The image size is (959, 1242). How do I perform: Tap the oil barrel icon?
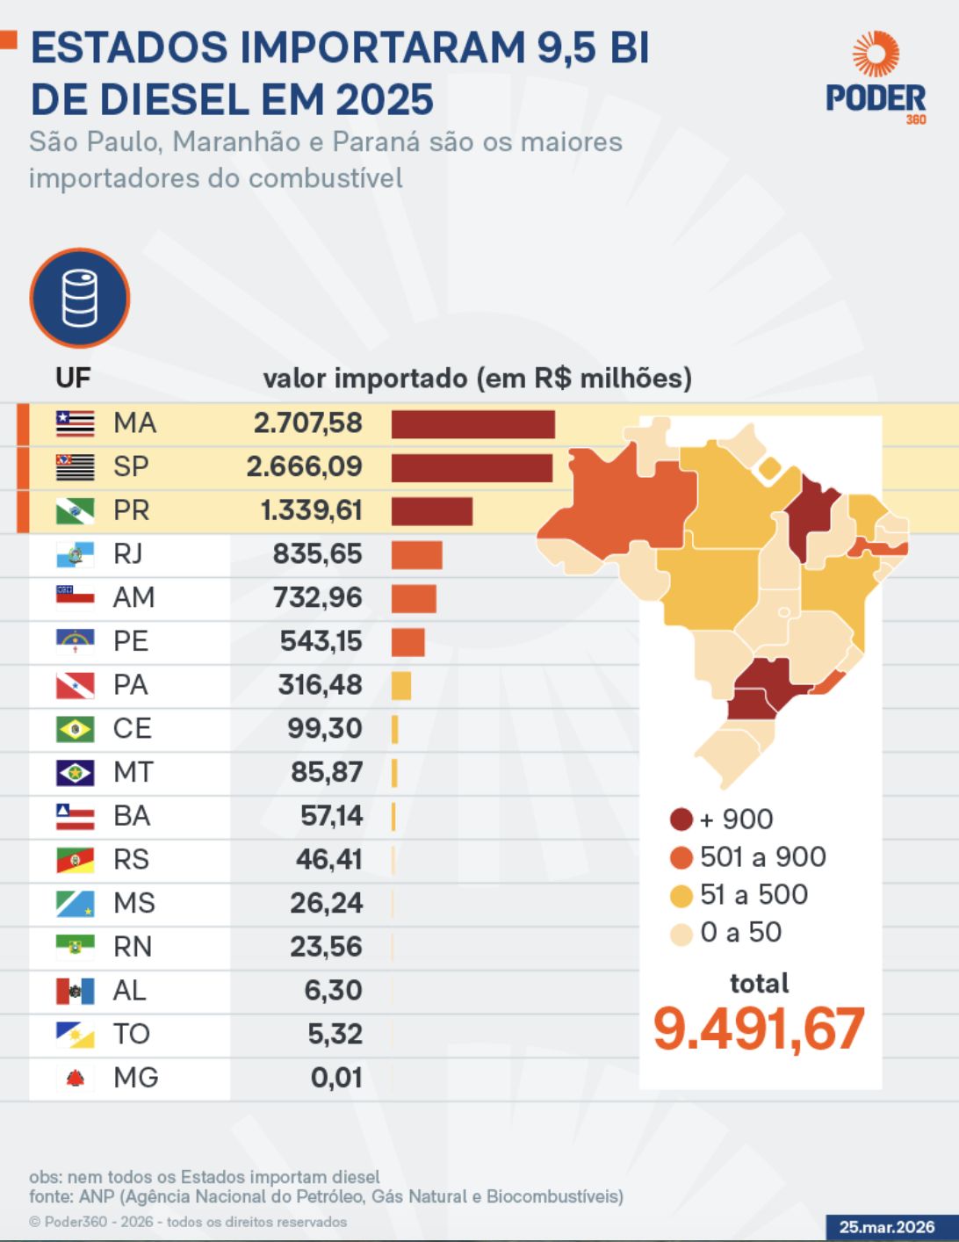coord(79,299)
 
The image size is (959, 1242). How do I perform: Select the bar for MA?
coord(472,424)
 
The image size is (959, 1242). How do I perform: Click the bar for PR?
coord(431,511)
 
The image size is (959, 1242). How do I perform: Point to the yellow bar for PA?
coord(400,685)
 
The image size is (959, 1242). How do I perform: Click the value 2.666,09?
coord(304,466)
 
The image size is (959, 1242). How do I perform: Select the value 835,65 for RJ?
coord(317,554)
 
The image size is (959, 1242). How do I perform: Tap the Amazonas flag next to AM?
coord(75,597)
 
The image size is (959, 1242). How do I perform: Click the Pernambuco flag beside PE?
coord(75,641)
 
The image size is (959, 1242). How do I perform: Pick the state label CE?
coord(132,728)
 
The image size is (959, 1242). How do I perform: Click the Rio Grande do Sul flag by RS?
coord(75,859)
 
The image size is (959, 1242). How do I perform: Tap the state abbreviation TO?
coord(131,1034)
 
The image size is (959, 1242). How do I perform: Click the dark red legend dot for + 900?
coord(681,820)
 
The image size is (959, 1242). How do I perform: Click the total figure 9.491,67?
coord(759,1029)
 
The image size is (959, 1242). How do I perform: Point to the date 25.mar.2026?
coord(887,1227)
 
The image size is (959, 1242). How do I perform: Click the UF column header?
coord(73,378)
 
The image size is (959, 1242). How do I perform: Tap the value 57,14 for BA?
coord(331,816)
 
